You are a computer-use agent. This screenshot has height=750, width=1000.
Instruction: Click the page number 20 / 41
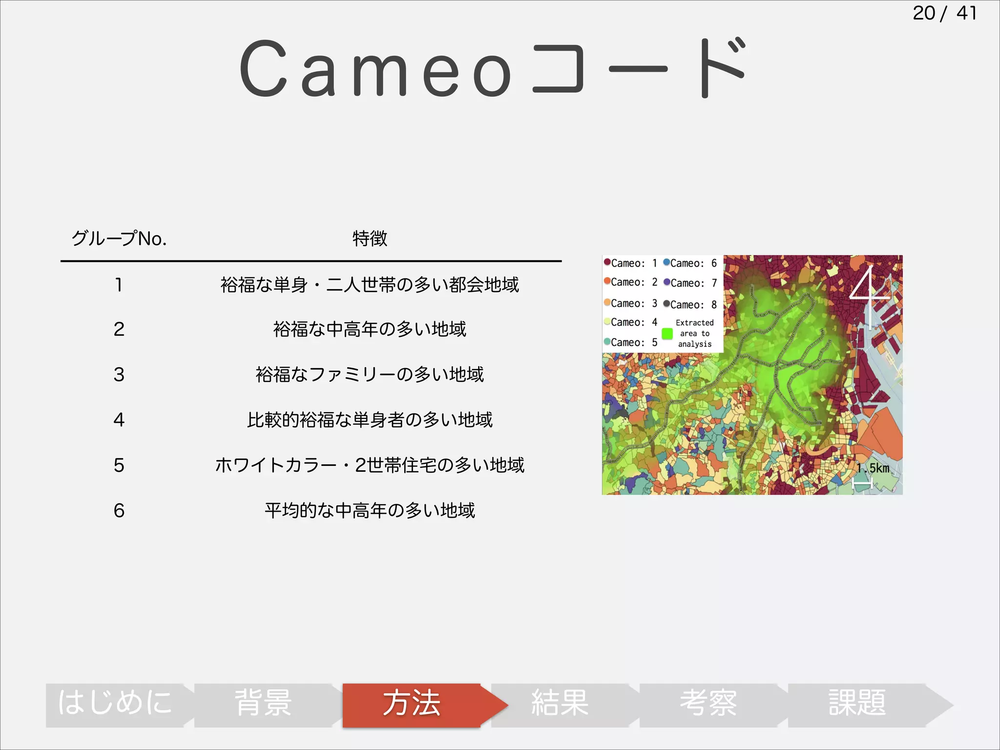[x=944, y=13]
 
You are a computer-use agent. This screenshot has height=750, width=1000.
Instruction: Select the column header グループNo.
[x=119, y=239]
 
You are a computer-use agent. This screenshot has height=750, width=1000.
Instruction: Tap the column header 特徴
[x=370, y=239]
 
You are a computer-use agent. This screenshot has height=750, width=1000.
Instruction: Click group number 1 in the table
[x=119, y=285]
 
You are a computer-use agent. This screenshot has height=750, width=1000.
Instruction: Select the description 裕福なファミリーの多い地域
[x=370, y=375]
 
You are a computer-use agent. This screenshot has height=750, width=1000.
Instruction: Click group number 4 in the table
[x=119, y=420]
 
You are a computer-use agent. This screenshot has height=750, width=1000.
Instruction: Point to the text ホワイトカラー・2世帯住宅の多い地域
[x=370, y=465]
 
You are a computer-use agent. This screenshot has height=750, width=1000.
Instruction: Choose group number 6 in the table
[x=119, y=511]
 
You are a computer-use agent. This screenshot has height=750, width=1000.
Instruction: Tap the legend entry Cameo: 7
[x=690, y=283]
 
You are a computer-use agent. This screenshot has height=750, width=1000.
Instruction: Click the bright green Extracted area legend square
[x=667, y=334]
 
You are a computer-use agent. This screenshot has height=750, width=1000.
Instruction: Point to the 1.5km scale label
[x=873, y=468]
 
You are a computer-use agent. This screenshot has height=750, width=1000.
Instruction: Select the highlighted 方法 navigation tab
[x=412, y=704]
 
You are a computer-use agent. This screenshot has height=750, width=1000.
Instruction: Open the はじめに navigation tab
[x=115, y=704]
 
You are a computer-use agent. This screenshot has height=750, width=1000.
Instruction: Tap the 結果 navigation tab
[x=560, y=704]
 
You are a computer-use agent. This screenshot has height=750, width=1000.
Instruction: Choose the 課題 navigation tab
[x=857, y=704]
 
